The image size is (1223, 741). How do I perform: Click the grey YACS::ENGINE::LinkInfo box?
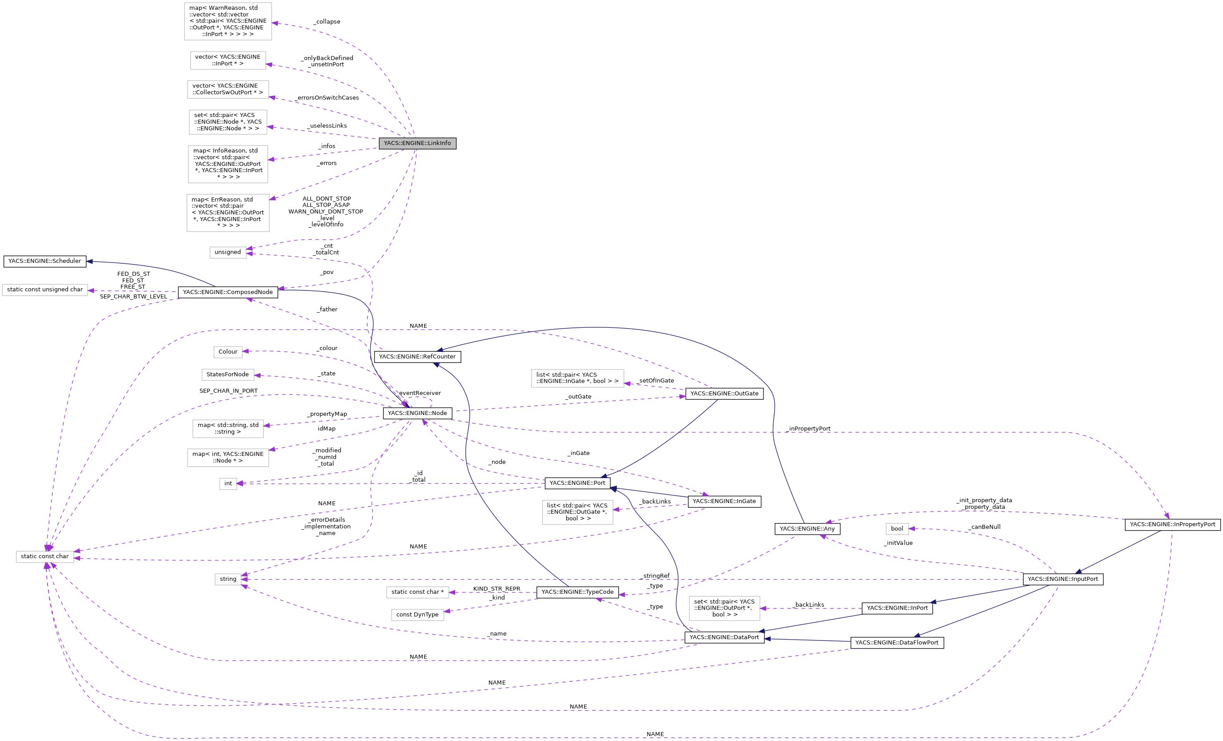pyautogui.click(x=417, y=143)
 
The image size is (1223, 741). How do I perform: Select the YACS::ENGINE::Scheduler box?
pyautogui.click(x=45, y=261)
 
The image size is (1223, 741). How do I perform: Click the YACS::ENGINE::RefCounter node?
pyautogui.click(x=417, y=357)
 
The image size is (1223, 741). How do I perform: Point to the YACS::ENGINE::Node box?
pyautogui.click(x=417, y=413)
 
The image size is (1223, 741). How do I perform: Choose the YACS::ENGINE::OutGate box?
pyautogui.click(x=724, y=394)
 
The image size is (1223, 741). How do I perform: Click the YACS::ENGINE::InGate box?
pyautogui.click(x=724, y=502)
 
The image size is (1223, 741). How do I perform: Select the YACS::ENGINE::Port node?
pyautogui.click(x=577, y=483)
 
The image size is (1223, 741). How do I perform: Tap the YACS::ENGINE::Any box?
pyautogui.click(x=807, y=529)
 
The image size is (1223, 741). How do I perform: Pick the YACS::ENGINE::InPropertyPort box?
pyautogui.click(x=1172, y=524)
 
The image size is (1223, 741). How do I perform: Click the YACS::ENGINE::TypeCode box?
pyautogui.click(x=577, y=592)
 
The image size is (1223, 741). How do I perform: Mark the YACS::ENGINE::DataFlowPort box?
pyautogui.click(x=897, y=643)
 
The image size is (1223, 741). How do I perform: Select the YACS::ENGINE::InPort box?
pyautogui.click(x=897, y=608)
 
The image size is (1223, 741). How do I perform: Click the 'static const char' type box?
pyautogui.click(x=45, y=557)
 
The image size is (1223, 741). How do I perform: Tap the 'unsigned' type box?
pyautogui.click(x=228, y=252)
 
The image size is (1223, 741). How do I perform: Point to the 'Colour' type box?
pyautogui.click(x=228, y=352)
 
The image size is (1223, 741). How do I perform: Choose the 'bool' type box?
pyautogui.click(x=897, y=529)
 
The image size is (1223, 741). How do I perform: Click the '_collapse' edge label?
pyautogui.click(x=327, y=22)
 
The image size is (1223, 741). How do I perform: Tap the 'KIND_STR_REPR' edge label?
pyautogui.click(x=496, y=589)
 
